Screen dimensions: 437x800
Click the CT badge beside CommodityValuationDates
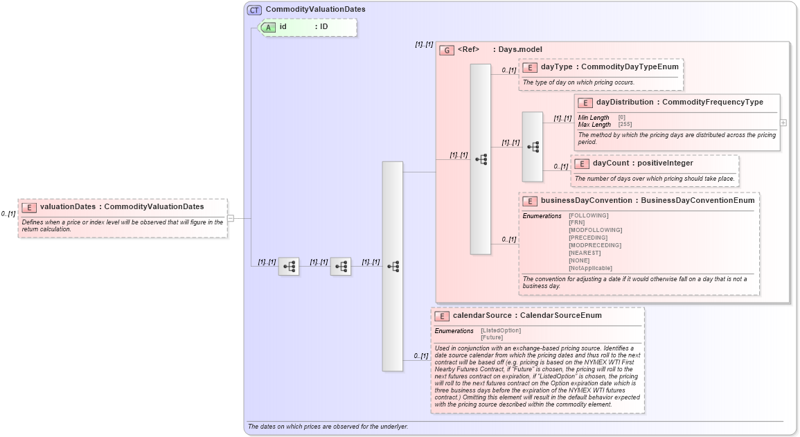point(254,10)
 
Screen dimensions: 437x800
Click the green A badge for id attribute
point(268,27)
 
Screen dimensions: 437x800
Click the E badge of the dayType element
point(529,67)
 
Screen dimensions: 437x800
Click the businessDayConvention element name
point(587,200)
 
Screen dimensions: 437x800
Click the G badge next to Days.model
point(447,50)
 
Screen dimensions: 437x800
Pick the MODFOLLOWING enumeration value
point(595,230)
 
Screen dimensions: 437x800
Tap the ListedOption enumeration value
point(501,330)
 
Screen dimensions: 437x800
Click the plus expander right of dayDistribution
point(783,123)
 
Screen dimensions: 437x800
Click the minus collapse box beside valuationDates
point(231,218)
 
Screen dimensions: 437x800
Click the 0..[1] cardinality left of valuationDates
point(8,214)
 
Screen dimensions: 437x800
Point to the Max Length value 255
point(625,125)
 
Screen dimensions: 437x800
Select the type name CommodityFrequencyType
point(713,102)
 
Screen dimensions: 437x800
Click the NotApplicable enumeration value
point(590,268)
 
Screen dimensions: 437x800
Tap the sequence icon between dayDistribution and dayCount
point(533,147)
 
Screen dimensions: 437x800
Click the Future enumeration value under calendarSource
point(492,337)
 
